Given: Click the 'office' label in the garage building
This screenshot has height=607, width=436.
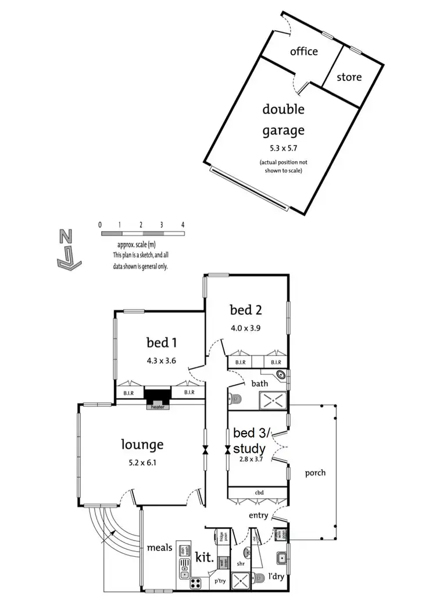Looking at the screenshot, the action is (304, 51).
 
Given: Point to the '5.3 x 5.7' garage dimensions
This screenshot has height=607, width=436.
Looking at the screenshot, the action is (283, 148).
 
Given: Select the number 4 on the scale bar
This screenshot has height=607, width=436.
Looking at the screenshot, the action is (183, 224).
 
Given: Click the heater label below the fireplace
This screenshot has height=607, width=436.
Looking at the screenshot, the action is (159, 407).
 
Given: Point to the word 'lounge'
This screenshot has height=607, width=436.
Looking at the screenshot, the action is (142, 445).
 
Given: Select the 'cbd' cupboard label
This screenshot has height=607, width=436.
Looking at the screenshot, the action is (259, 492).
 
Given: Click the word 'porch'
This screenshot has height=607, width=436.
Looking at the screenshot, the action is (315, 473).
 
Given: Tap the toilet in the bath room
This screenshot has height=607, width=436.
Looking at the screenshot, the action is (235, 399).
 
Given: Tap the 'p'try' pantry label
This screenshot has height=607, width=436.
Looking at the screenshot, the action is (219, 581).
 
